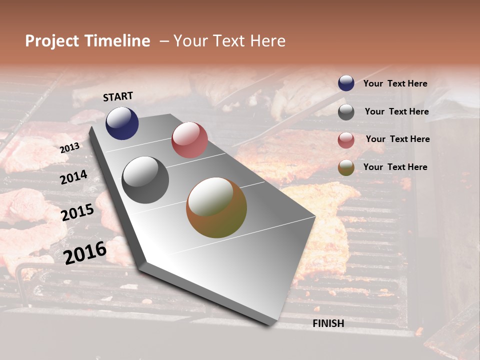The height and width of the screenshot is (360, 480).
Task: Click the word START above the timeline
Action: (118, 96)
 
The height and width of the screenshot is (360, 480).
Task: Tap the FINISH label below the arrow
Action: (328, 323)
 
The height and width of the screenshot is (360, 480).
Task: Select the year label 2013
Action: (70, 148)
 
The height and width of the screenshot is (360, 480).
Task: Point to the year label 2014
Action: (73, 177)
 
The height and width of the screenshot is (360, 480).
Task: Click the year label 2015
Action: (77, 212)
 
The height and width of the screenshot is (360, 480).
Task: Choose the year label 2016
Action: (85, 252)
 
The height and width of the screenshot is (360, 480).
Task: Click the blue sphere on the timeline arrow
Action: (122, 123)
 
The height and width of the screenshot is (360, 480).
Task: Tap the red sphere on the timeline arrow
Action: (189, 140)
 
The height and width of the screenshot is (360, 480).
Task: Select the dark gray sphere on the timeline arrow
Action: (145, 179)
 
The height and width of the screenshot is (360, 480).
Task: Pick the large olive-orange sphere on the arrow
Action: (216, 207)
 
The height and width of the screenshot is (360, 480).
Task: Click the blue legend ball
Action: (346, 83)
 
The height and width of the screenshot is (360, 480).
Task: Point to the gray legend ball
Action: (346, 112)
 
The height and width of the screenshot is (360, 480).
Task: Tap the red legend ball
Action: (346, 139)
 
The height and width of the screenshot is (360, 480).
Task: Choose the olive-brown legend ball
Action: (346, 167)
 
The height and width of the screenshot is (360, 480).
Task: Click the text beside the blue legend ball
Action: (395, 84)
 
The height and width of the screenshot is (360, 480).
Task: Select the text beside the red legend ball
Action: (397, 139)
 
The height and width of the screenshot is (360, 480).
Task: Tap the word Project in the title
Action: (52, 41)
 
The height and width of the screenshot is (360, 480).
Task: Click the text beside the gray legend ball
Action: (396, 111)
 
